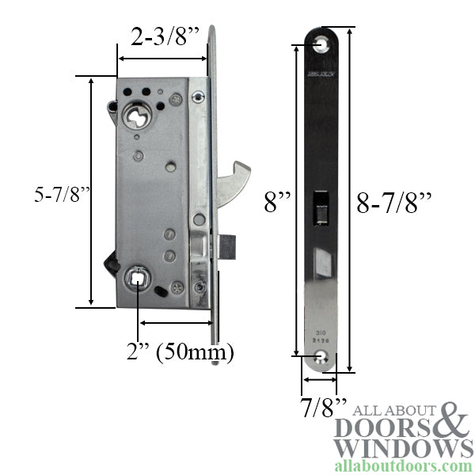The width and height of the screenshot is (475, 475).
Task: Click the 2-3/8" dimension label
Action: click(163, 37)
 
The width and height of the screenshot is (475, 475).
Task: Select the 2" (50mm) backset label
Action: click(186, 351)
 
